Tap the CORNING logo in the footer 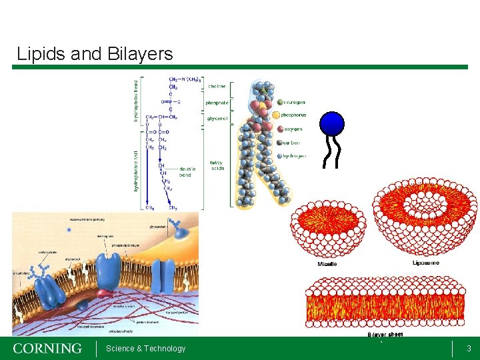point(47,349)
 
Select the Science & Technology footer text point(145,349)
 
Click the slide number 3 point(469,349)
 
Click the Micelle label point(327,264)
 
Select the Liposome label point(426,263)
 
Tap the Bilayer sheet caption point(385,334)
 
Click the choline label point(217,86)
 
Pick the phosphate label point(217,103)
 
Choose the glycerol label point(217,119)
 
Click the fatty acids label point(217,165)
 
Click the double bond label point(188,173)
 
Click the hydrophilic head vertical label point(136,100)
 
